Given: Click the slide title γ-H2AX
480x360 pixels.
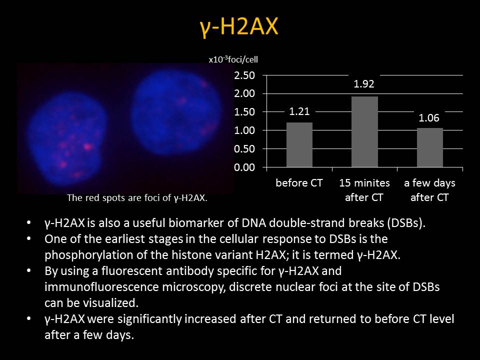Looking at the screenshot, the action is coord(239,27).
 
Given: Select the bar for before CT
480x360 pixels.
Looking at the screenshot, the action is coord(299,145).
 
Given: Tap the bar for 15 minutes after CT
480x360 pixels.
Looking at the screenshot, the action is coord(364,131).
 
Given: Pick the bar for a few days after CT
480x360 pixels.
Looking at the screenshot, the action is coord(430,147).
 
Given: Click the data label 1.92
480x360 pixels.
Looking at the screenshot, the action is coord(364,84).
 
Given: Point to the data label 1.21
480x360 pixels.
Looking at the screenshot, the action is coord(299,111).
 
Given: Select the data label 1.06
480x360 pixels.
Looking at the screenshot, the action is coord(429,118).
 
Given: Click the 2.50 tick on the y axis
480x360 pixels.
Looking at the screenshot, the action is coord(244,75).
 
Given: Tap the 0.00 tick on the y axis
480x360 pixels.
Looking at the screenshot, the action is coord(244,167).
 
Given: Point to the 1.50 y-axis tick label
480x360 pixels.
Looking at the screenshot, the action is coord(244,112).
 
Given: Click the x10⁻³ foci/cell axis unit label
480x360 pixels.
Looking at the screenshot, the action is coord(233,59).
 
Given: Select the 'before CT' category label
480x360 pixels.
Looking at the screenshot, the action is coord(299,183).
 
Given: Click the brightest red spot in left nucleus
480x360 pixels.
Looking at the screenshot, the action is coord(88,147).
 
